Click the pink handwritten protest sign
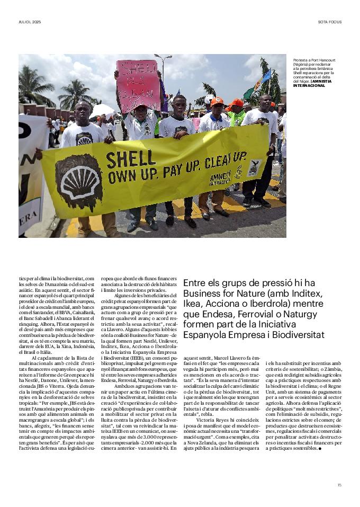pyautogui.click(x=139, y=86)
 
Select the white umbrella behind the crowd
pyautogui.click(x=102, y=111)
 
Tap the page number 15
pyautogui.click(x=339, y=484)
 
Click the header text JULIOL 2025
pyautogui.click(x=30, y=22)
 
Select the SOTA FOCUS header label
pyautogui.click(x=329, y=22)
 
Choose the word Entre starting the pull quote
pyautogui.click(x=194, y=283)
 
